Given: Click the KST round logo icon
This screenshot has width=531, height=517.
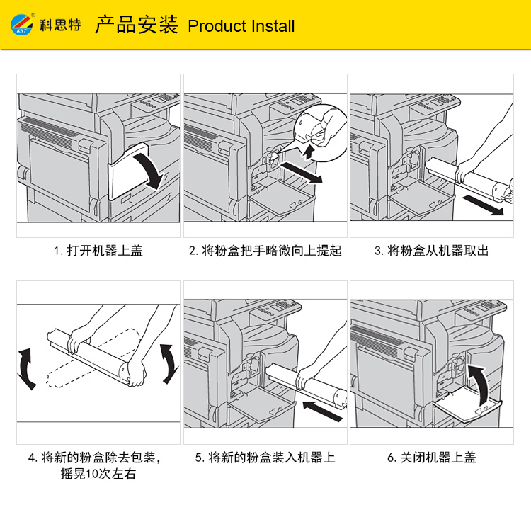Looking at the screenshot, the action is coord(22,24).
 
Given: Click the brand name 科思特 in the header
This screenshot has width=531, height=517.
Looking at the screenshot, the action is coord(61,25).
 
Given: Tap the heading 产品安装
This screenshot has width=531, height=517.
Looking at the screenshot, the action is coord(136,25).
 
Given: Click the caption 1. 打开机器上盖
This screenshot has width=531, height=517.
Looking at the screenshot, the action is coord(98,251).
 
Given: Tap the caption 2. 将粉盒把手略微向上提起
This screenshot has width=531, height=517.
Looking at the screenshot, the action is coord(265,251).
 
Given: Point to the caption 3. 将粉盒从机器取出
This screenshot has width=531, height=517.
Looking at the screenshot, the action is coord(431,251).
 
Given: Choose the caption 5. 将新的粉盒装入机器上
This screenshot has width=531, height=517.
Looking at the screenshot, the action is coord(265,458).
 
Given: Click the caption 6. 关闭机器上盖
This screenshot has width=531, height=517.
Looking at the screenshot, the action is coord(432,458).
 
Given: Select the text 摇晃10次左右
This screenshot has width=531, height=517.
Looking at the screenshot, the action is coord(98,474).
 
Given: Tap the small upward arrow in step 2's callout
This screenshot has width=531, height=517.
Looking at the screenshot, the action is coord(308,152).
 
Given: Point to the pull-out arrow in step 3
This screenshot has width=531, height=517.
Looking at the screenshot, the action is coord(483,205).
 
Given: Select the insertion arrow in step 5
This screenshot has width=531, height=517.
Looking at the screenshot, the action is coord(322,411).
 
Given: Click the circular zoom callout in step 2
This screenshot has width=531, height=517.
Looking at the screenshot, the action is coord(320,133).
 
